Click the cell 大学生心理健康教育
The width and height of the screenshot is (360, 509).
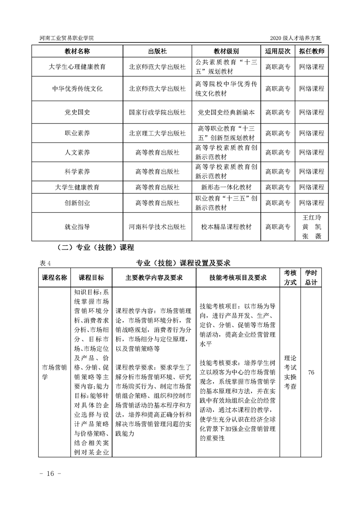point(77,67)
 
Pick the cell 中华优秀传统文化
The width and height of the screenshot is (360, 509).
point(77,88)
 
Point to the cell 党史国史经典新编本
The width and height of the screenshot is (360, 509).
point(227,112)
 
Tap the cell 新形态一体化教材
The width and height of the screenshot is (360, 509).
point(227,187)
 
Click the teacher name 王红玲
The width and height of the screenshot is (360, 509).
point(312,216)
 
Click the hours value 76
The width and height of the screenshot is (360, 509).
point(311,372)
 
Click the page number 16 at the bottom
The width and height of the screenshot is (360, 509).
point(47,473)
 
